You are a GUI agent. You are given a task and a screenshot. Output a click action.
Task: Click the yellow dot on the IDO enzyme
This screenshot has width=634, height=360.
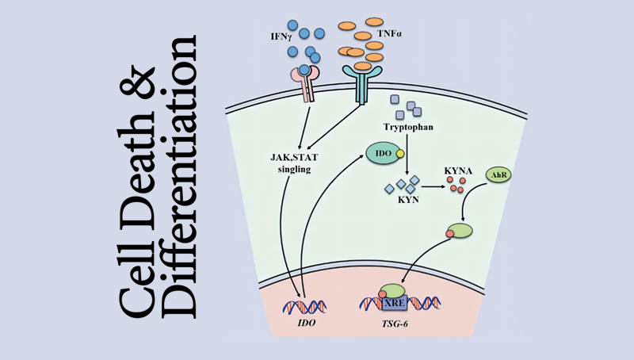[401, 151]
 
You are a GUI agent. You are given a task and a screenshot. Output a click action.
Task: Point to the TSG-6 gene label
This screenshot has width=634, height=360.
[395, 325]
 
